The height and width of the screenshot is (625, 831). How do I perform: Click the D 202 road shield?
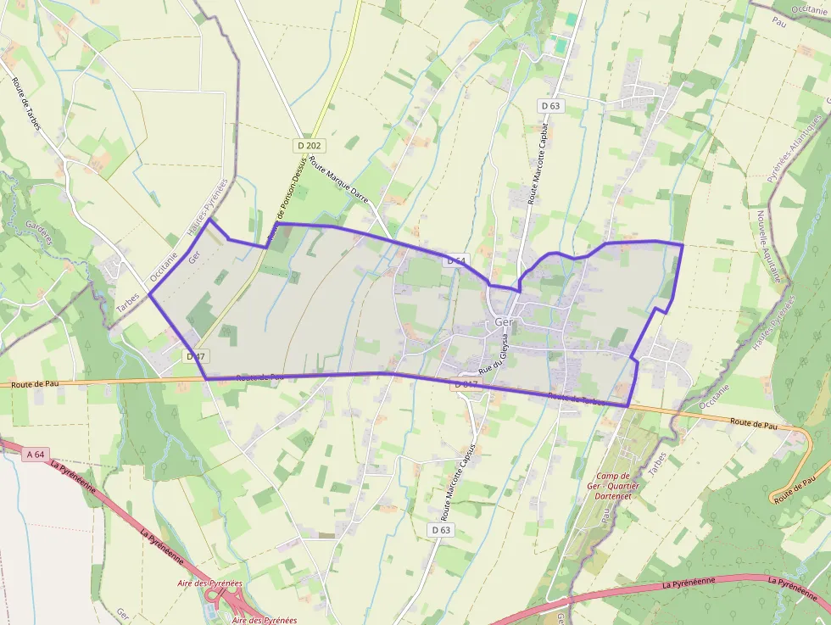[x=310, y=146]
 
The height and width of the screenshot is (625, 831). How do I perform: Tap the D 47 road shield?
[x=195, y=357]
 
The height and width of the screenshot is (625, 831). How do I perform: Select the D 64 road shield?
[x=455, y=261]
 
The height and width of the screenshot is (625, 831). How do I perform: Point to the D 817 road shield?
[x=467, y=384]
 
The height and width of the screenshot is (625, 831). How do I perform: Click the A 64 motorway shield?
[x=35, y=455]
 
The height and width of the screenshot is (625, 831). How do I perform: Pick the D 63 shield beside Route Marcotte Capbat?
[x=550, y=106]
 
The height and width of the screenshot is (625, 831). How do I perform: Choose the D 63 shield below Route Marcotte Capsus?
[x=439, y=530]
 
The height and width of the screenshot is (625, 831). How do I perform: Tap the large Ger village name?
[x=504, y=323]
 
